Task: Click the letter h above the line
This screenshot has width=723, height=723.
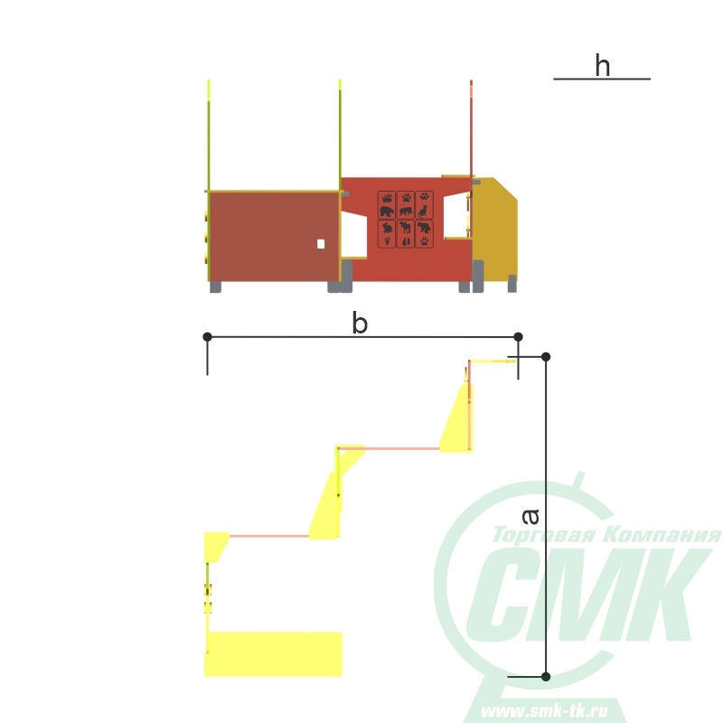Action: point(602,65)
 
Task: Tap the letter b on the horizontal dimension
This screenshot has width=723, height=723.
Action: point(360,323)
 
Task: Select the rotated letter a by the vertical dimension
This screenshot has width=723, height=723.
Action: point(531,516)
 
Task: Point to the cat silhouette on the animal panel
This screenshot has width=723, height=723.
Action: point(423,211)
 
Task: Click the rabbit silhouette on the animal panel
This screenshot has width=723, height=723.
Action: point(388,228)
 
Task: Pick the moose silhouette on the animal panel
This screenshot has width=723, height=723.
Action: point(405,228)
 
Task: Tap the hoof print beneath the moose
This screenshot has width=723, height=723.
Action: point(405,241)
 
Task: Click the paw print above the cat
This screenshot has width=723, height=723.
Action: point(424,196)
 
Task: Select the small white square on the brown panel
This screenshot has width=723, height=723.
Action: point(321,244)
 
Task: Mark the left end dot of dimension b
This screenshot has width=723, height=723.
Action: point(208,337)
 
